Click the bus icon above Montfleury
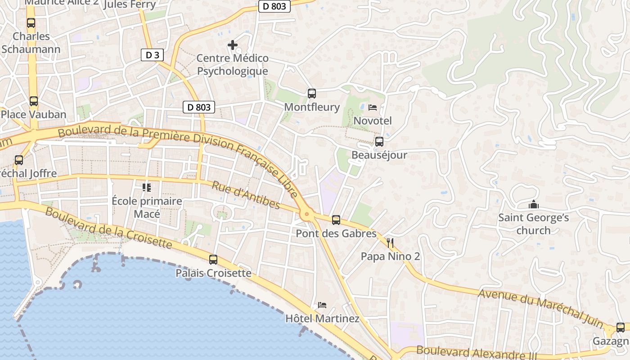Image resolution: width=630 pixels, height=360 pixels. [311, 94]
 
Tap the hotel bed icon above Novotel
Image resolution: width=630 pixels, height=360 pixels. [373, 107]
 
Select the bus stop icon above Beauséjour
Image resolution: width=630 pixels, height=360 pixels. [379, 142]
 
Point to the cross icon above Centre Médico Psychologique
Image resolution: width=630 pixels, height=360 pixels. [233, 45]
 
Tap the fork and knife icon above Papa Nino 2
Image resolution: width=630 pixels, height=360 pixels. [390, 243]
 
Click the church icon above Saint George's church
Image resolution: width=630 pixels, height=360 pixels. [534, 205]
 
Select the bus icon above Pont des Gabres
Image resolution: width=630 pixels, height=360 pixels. [336, 220]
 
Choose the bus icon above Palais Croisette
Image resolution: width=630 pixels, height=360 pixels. [213, 260]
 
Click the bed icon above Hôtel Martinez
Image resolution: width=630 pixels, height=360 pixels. [322, 305]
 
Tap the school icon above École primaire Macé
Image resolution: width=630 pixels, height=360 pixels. [147, 187]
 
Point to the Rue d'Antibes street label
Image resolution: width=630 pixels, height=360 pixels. [246, 195]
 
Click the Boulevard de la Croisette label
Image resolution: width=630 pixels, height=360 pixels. [108, 229]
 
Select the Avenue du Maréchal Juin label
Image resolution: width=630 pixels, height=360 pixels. [540, 309]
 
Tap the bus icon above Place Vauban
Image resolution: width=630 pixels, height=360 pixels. [34, 101]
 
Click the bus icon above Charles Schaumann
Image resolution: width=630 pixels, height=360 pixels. [31, 23]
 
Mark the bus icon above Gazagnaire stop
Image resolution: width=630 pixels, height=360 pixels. [621, 328]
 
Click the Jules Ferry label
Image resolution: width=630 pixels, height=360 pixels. [130, 5]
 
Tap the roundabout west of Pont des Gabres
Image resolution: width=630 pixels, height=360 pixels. [307, 215]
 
